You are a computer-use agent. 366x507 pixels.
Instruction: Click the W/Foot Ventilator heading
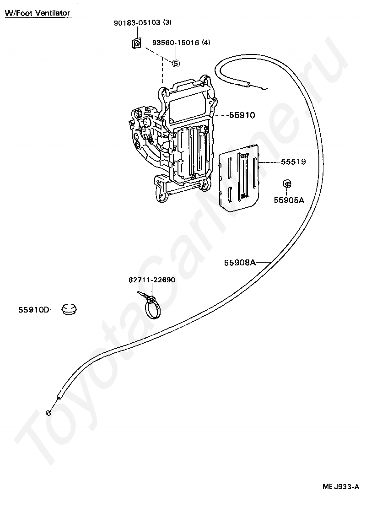point(38,13)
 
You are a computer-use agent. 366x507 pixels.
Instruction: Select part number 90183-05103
point(136,22)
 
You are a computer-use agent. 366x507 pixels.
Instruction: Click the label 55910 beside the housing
point(242,115)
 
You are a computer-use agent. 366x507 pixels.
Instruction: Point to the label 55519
point(293,162)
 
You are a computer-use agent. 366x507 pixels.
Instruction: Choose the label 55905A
point(289,200)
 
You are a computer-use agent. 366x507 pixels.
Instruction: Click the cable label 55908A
point(240,263)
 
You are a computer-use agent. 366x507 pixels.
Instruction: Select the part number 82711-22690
point(151,280)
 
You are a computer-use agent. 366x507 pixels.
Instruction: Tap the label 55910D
point(33,310)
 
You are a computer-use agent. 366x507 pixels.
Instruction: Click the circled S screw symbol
point(176,64)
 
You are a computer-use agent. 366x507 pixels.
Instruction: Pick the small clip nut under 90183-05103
point(135,43)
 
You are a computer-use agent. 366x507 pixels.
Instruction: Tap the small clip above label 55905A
point(286,184)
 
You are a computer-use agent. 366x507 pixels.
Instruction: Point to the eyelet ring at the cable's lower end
point(49,414)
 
